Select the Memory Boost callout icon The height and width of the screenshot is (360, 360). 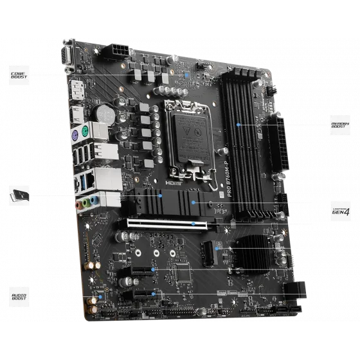339,124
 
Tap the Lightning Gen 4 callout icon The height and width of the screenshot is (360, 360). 339,211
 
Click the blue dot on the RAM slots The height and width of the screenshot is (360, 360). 238,124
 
